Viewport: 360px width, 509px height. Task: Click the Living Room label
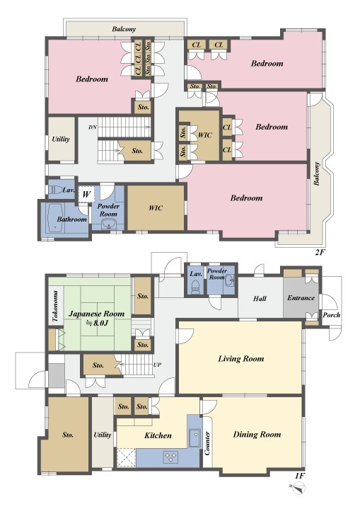click(240, 359)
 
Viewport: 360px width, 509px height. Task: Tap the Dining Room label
click(257, 434)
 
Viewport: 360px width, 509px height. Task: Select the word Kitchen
click(158, 435)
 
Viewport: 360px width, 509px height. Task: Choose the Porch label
click(331, 314)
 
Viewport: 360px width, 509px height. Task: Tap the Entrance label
click(301, 298)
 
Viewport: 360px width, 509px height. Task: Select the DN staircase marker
click(92, 127)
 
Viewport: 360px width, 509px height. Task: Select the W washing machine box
click(86, 193)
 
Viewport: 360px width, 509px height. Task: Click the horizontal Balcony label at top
click(124, 29)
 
